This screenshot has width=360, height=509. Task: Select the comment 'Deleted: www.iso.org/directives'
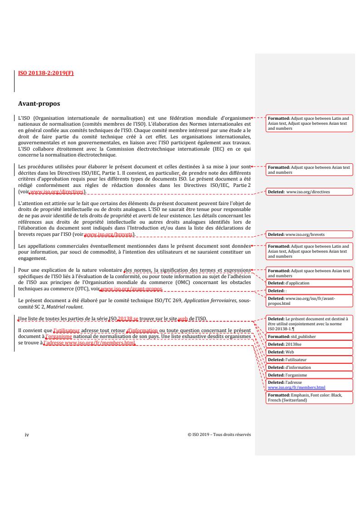(299, 192)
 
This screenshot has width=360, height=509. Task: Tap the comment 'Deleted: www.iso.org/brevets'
(296, 235)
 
